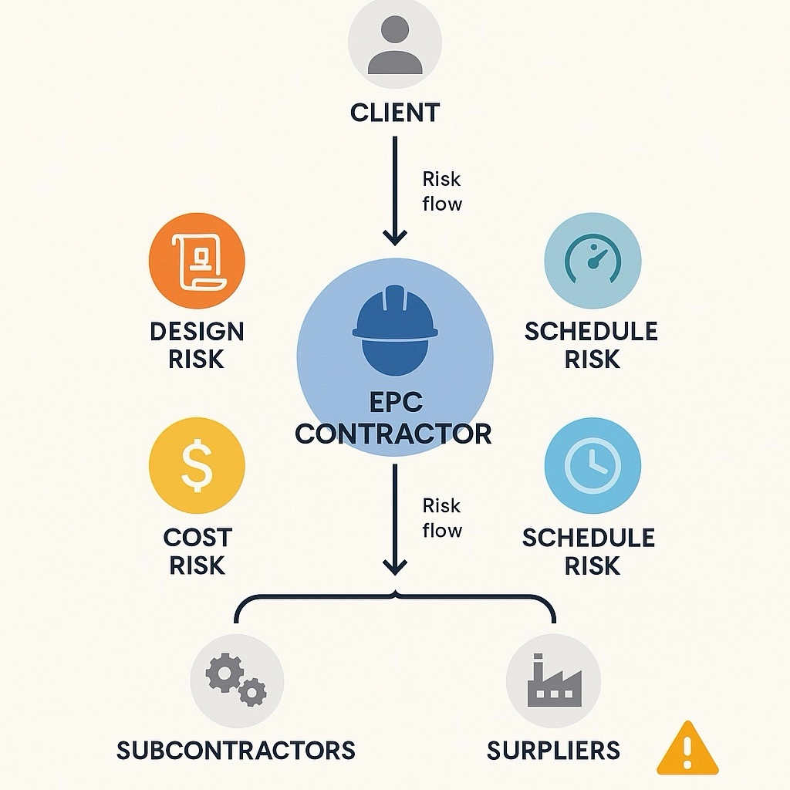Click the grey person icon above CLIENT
pyautogui.click(x=394, y=48)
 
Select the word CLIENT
pyautogui.click(x=394, y=113)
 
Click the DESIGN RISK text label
pyautogui.click(x=196, y=345)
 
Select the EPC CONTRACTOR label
pyautogui.click(x=393, y=417)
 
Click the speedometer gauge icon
pyautogui.click(x=592, y=261)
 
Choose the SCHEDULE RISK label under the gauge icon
pyautogui.click(x=592, y=345)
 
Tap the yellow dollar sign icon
pyautogui.click(x=196, y=466)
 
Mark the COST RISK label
pyautogui.click(x=197, y=551)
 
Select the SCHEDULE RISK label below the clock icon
pyautogui.click(x=589, y=551)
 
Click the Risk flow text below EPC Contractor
pyautogui.click(x=442, y=518)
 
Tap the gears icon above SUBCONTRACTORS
pyautogui.click(x=236, y=680)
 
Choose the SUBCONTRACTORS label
pyautogui.click(x=236, y=750)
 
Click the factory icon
pyautogui.click(x=553, y=680)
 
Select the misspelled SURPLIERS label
pyautogui.click(x=553, y=750)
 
